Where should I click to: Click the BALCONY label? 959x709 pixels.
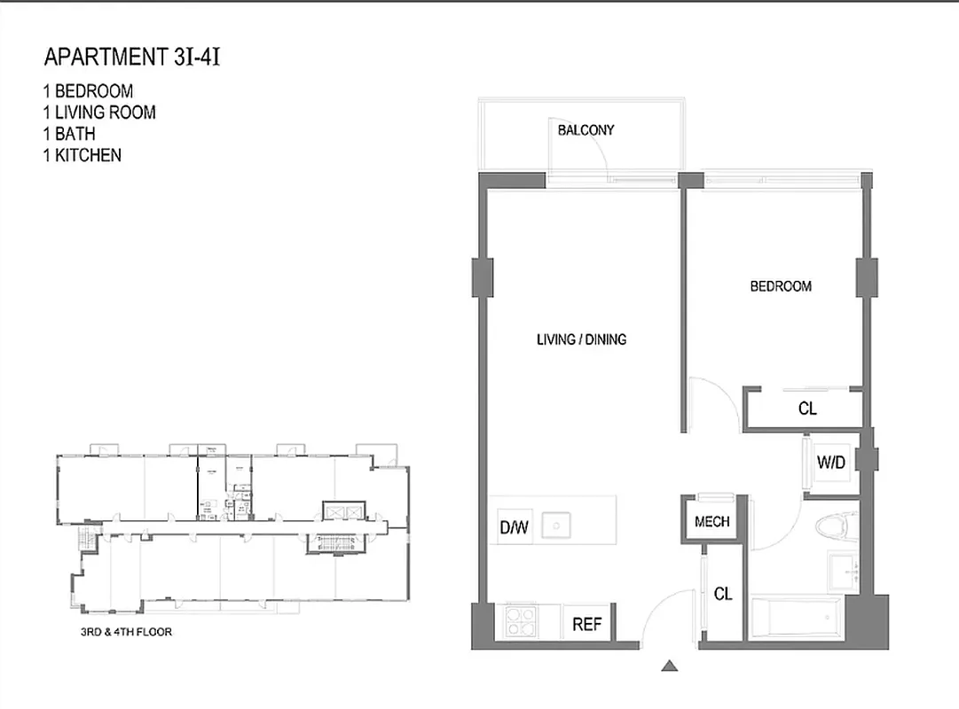[x=586, y=130]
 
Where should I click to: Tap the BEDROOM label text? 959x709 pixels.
[x=781, y=286]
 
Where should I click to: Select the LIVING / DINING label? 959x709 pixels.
[x=581, y=339]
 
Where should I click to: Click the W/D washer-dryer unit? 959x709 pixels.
[x=830, y=462]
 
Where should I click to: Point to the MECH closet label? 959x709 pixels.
[x=711, y=521]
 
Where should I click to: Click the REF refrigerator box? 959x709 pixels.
[x=586, y=624]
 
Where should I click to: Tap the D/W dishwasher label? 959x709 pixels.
[x=513, y=528]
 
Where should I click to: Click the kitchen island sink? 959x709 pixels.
[x=555, y=526]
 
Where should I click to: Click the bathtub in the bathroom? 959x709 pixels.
[x=795, y=619]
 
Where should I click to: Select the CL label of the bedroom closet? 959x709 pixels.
[x=807, y=409]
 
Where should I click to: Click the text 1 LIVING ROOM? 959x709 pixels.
[x=98, y=113]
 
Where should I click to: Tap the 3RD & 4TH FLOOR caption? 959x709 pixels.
[x=126, y=633]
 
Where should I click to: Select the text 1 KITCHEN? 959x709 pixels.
[x=81, y=155]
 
